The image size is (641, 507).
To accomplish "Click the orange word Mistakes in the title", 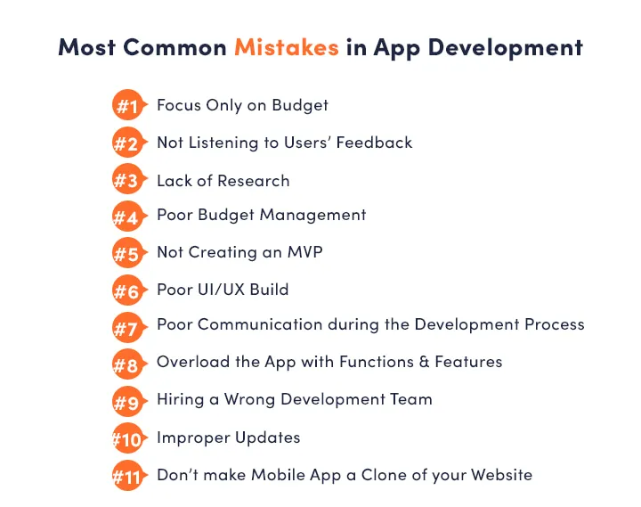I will click(286, 47).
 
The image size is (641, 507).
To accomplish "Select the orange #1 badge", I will click(127, 106).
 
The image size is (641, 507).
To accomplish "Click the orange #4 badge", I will click(127, 217).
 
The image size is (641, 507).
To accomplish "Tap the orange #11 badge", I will click(127, 476).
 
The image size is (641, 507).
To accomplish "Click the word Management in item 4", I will click(318, 215).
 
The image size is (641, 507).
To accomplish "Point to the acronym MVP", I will click(304, 252).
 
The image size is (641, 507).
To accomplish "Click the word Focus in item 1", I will click(180, 105).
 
